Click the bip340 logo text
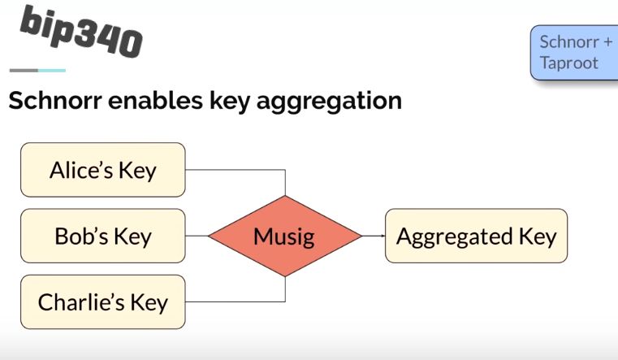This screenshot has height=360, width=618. (x=80, y=32)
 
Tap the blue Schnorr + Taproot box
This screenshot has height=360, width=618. (x=574, y=53)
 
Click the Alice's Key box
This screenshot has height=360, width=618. (x=102, y=170)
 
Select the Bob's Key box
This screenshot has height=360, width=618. (x=102, y=236)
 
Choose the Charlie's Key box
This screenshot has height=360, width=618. (x=102, y=301)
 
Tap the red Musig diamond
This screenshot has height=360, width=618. (x=284, y=236)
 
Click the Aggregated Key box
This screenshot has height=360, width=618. (x=476, y=236)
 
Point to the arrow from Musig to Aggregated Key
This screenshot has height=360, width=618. (x=373, y=236)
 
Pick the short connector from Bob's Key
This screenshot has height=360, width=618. (x=197, y=236)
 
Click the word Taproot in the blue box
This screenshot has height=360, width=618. (x=568, y=63)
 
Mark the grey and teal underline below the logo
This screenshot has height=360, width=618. (x=37, y=71)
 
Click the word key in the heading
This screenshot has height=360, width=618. (x=217, y=102)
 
